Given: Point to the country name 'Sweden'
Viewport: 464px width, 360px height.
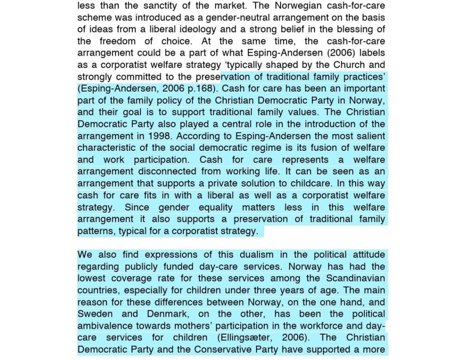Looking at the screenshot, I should [x=94, y=314].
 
